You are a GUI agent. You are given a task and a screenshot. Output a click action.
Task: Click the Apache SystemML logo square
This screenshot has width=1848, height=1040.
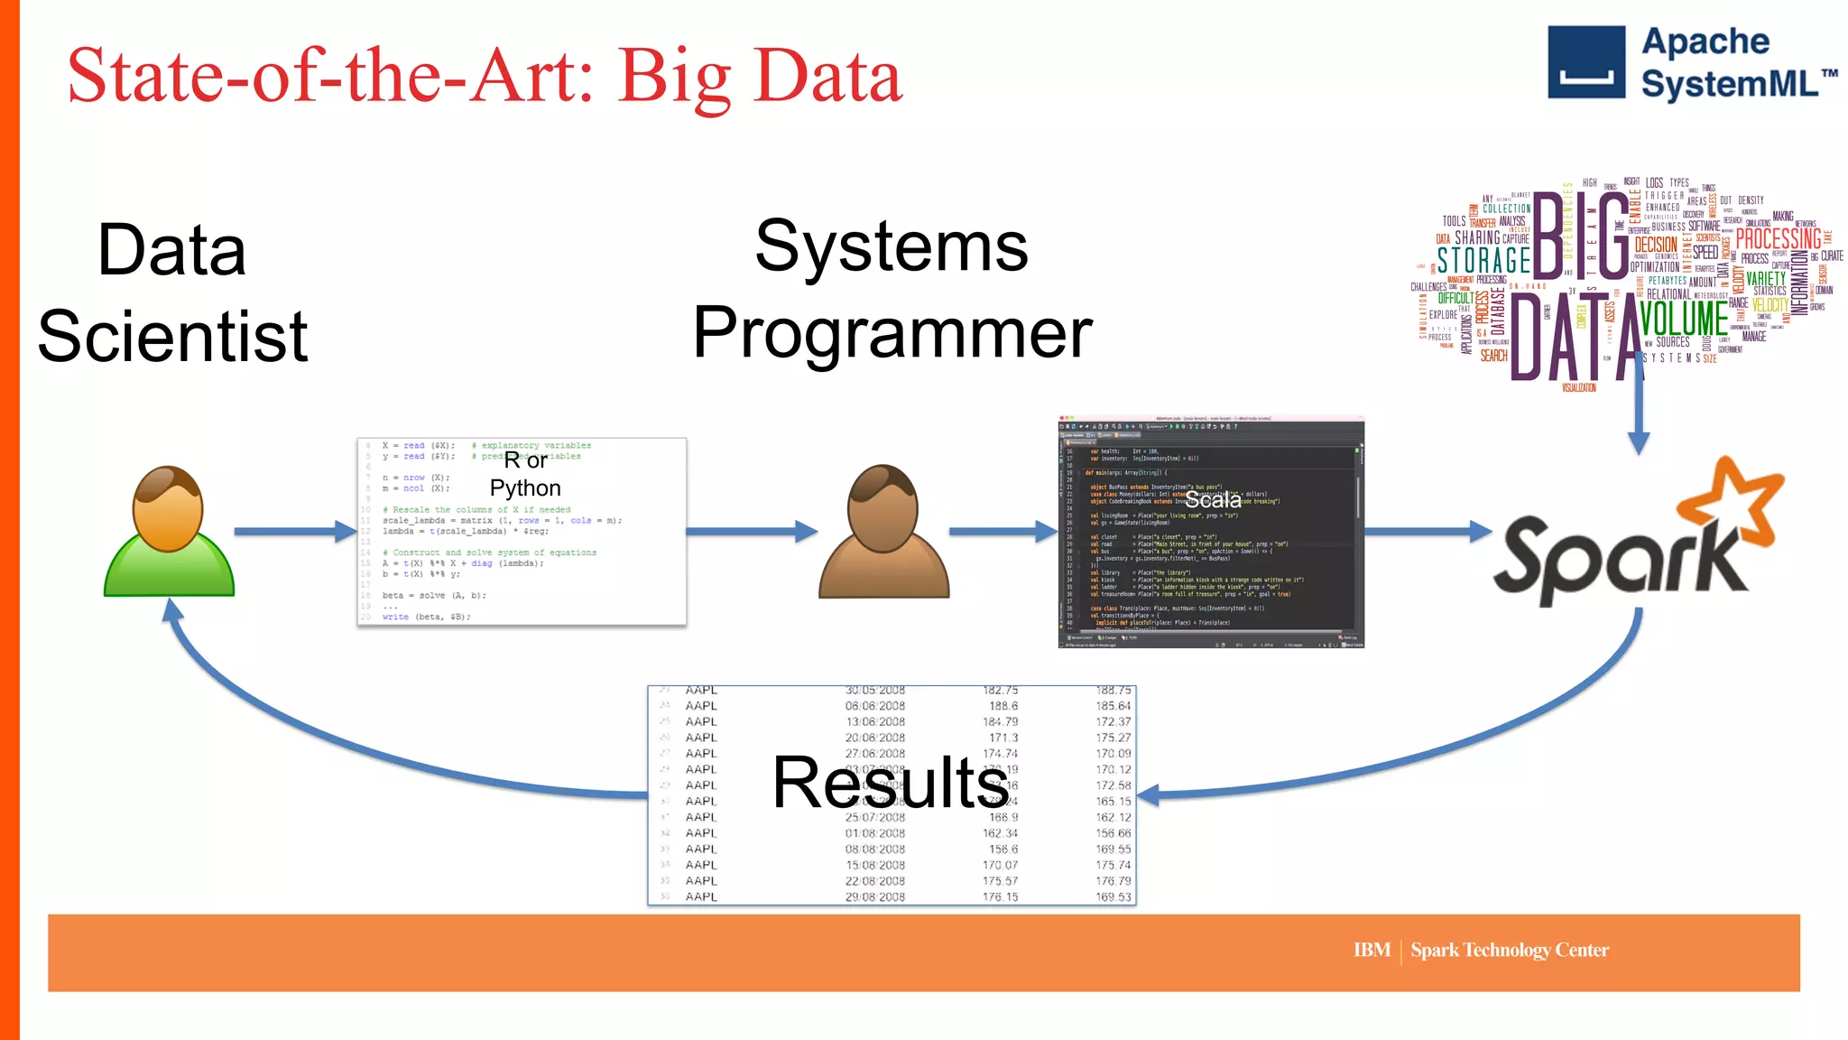tap(1586, 61)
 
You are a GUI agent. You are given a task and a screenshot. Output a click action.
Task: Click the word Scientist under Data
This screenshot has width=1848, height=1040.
tap(172, 337)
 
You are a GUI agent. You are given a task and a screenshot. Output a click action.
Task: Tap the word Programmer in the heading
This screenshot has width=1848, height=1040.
tap(892, 333)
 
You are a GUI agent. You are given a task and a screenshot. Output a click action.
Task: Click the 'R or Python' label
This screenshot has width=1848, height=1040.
tap(525, 474)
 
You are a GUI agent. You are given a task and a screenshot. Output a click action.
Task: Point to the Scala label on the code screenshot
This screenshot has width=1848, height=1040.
tap(1213, 499)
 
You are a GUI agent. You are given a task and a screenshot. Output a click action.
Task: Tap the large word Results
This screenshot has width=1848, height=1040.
tap(890, 783)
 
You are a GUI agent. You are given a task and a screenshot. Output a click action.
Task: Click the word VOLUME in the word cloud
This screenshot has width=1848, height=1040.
tap(1684, 319)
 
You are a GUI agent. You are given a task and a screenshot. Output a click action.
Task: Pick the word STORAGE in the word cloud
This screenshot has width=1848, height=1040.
tap(1483, 261)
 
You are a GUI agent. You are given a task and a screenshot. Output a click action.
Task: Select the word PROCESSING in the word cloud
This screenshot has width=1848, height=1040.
tap(1778, 239)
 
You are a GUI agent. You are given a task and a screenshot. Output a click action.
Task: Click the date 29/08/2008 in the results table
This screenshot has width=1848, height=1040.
tap(874, 896)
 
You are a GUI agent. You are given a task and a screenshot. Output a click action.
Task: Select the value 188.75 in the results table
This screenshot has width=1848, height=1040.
tap(1113, 691)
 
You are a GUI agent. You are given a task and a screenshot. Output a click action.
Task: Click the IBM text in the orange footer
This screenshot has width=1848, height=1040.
tap(1372, 950)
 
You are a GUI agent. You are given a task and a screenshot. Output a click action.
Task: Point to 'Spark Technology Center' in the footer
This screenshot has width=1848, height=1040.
tap(1510, 950)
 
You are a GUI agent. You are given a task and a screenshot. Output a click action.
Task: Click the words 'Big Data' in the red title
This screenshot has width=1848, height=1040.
tap(760, 76)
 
